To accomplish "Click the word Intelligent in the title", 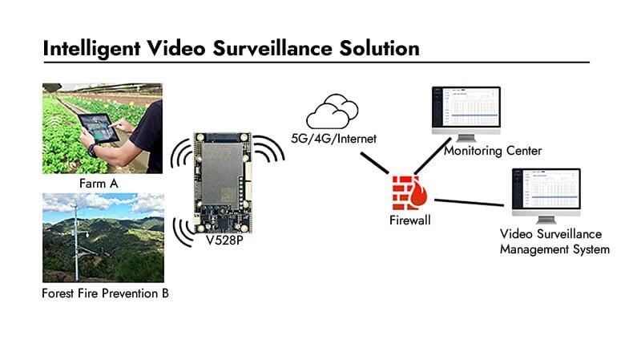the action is pyautogui.click(x=91, y=48).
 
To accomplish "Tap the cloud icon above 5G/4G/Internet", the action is pyautogui.click(x=333, y=111).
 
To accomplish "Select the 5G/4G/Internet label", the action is pyautogui.click(x=333, y=139).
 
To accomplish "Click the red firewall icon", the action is pyautogui.click(x=409, y=192).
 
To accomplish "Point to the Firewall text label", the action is pyautogui.click(x=409, y=220).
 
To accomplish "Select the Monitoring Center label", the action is pyautogui.click(x=493, y=151).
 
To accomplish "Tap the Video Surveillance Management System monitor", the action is pyautogui.click(x=546, y=196).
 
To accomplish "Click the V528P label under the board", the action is pyautogui.click(x=224, y=241).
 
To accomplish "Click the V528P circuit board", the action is pyautogui.click(x=223, y=183).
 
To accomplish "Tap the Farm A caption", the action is pyautogui.click(x=99, y=184).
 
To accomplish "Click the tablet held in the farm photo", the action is pyautogui.click(x=99, y=127).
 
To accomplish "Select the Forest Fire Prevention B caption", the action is pyautogui.click(x=105, y=293).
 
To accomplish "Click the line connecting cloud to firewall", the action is pyautogui.click(x=375, y=163).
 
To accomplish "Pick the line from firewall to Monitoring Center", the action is pyautogui.click(x=433, y=156).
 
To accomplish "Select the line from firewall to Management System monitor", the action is pyautogui.click(x=469, y=202).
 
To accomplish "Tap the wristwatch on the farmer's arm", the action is pyautogui.click(x=92, y=150).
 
